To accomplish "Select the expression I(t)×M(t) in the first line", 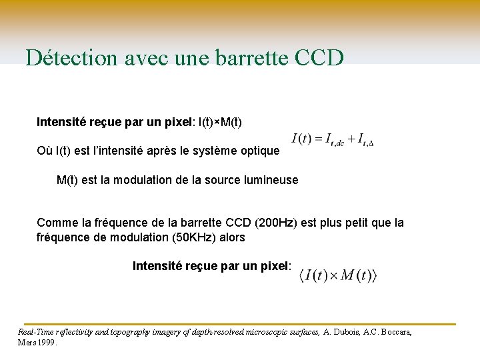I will point(219,122).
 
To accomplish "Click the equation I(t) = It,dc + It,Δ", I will point(333,140).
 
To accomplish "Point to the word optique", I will point(257,151).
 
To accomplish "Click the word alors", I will point(230,237).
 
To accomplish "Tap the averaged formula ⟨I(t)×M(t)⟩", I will point(338,275).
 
